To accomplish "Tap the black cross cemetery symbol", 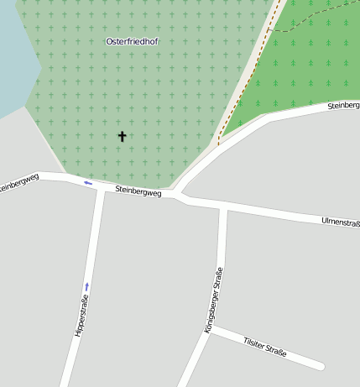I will [122, 136].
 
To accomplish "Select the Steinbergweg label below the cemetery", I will [138, 191].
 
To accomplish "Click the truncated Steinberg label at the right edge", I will [343, 106].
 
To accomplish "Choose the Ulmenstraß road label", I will [340, 222].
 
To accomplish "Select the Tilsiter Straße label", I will [264, 347].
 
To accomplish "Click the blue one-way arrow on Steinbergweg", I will [87, 182].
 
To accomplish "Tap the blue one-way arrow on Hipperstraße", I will [86, 287].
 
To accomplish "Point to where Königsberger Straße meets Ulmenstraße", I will [223, 207].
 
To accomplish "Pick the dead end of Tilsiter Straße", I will [321, 366].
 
